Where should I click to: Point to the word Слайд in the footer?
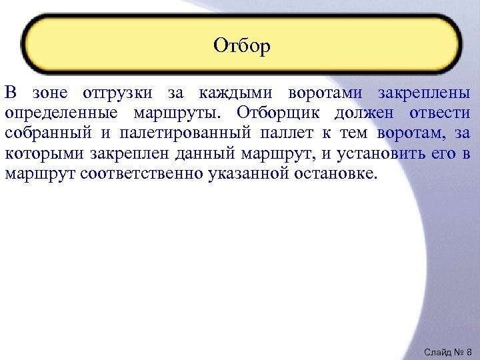tap(437, 351)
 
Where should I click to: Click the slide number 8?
tap(469, 351)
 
